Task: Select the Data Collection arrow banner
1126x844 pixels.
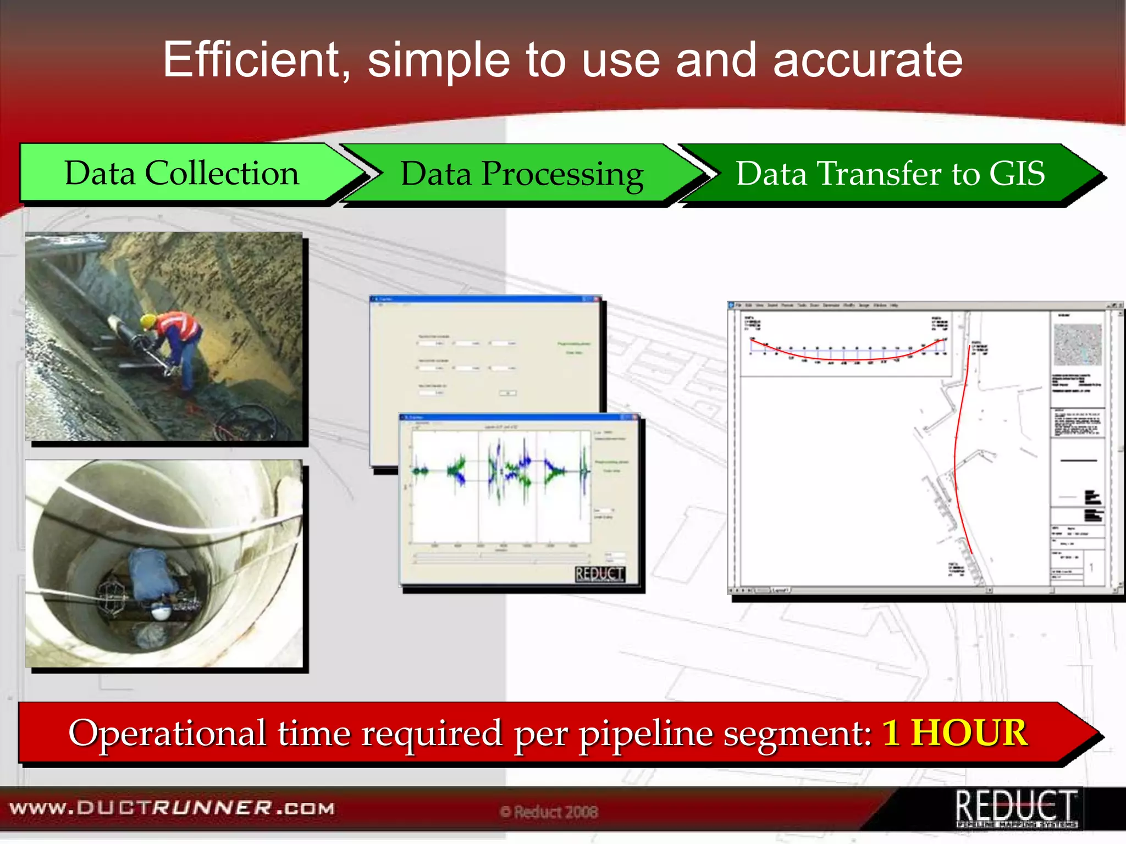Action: (182, 174)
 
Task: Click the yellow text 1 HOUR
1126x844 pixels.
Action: (954, 733)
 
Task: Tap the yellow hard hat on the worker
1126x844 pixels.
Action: (148, 320)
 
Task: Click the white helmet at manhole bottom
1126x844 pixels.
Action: (161, 610)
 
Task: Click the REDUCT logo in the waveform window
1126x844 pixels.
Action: (599, 575)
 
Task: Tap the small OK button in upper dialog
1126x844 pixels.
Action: (507, 393)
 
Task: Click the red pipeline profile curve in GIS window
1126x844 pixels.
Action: (847, 357)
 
